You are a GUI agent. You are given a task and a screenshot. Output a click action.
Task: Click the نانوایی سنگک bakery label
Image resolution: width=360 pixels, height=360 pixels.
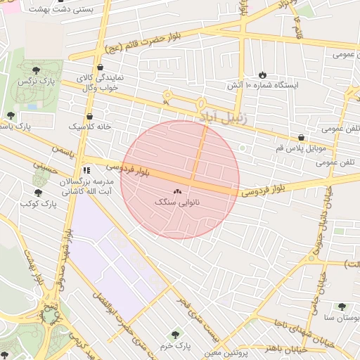pos(176,202)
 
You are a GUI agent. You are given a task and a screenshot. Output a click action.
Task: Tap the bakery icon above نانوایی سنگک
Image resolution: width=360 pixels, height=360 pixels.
pos(176,191)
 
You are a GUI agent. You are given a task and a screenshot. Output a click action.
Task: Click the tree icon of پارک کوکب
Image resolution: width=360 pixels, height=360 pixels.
pos(38,193)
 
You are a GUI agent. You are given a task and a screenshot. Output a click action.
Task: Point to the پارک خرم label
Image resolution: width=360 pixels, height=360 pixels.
pos(175,346)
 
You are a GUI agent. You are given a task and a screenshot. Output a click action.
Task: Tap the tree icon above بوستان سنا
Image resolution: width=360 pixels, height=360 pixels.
pos(342,307)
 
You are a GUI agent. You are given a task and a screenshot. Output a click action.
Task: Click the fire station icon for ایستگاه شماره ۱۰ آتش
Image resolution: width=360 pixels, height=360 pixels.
pos(262,74)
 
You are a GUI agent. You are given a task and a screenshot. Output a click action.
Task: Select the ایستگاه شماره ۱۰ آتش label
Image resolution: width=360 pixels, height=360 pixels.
pos(262,84)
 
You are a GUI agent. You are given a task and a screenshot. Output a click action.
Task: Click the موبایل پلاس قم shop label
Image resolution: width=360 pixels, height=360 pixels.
pos(301,148)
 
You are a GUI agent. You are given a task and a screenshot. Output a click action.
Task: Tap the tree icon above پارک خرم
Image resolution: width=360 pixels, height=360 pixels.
pos(175,335)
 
